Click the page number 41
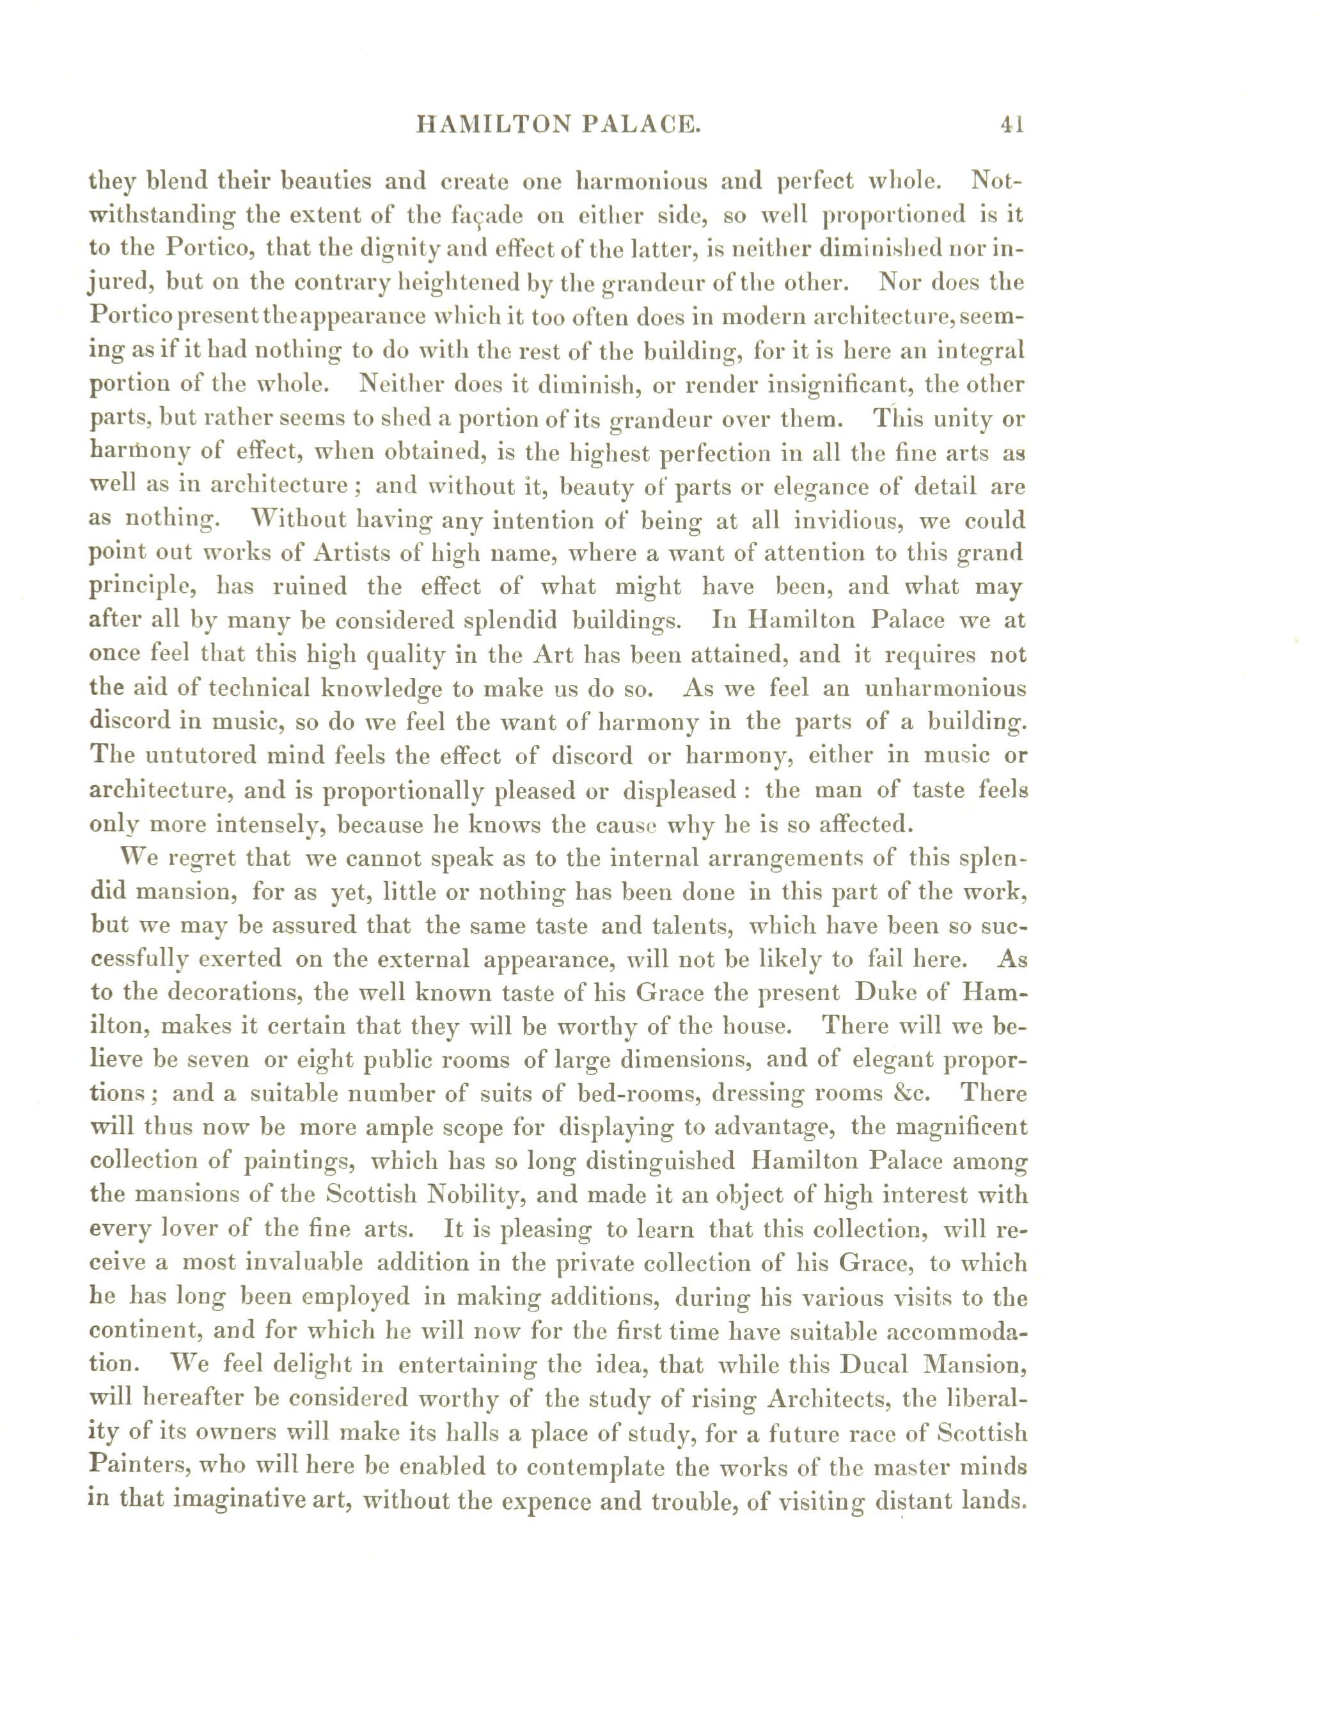[1012, 124]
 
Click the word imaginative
[249, 1500]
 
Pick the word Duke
[884, 992]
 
